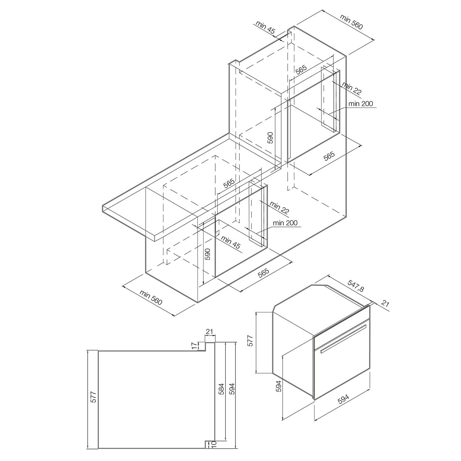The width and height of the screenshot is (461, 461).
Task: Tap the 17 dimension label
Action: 195,345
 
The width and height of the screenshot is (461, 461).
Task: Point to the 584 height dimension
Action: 222,389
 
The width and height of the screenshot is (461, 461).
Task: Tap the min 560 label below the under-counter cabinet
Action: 151,298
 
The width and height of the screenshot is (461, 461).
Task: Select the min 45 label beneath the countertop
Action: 230,242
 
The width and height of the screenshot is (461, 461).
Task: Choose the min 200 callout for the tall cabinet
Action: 361,104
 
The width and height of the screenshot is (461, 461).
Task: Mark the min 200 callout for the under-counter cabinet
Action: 285,223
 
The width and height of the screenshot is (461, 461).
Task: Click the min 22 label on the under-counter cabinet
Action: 279,207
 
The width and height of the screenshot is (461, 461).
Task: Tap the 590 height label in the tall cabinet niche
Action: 270,138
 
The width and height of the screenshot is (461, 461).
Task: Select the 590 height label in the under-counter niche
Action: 207,254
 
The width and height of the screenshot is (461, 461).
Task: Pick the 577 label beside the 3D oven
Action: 250,341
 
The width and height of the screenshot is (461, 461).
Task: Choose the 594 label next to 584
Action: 232,389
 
